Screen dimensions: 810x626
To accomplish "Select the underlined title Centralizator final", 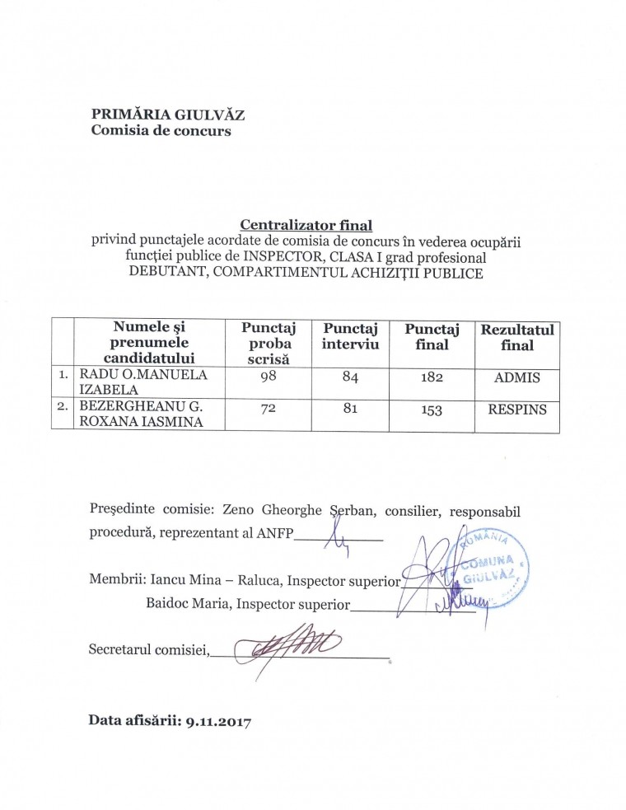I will coord(306,224).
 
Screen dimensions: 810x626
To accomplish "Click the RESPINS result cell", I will coord(517,409).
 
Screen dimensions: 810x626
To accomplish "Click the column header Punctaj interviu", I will coord(351,336).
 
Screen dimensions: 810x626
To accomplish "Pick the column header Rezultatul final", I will coord(517,338).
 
